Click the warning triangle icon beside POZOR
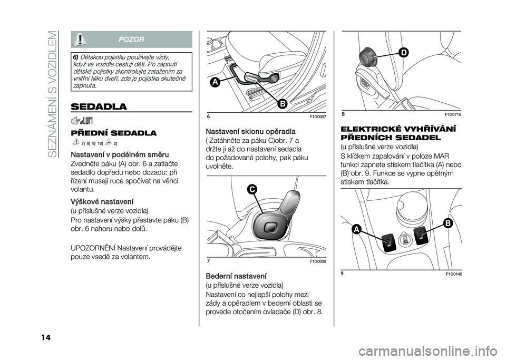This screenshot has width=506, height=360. point(81,39)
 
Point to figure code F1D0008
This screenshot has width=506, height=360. point(318,261)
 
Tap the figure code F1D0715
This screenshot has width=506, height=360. point(453,114)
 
